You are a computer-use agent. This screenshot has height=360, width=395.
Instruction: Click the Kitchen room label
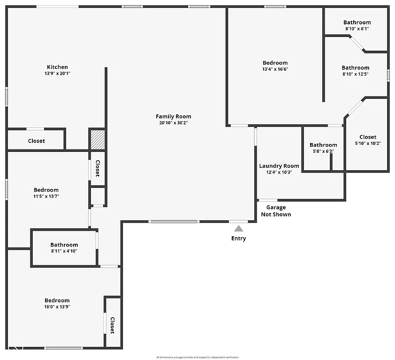(x=57, y=67)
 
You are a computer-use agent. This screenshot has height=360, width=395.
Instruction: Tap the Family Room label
(x=174, y=117)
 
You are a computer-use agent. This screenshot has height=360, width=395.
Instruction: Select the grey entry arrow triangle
(x=239, y=228)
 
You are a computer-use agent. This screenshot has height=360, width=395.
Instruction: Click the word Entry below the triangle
(x=238, y=239)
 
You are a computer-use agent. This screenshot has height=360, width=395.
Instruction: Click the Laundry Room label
(x=279, y=166)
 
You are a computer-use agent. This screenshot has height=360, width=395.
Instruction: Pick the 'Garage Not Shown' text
(x=276, y=211)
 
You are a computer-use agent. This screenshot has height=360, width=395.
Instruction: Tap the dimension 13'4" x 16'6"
(x=275, y=69)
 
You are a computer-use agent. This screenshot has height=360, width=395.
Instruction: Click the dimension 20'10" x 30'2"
(x=174, y=123)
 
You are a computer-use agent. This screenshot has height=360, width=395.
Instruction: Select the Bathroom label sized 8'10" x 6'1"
(x=357, y=22)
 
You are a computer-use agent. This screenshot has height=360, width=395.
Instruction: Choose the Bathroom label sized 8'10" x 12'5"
(x=356, y=68)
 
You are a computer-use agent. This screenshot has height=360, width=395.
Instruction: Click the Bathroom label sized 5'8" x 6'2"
(x=323, y=145)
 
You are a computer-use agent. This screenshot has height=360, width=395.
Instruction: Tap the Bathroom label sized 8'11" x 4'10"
(x=64, y=245)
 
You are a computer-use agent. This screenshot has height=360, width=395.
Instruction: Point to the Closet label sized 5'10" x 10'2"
(x=368, y=137)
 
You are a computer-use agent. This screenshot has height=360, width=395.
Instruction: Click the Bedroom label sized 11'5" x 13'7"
(x=46, y=190)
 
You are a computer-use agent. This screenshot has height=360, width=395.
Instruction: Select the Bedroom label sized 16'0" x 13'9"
(x=57, y=300)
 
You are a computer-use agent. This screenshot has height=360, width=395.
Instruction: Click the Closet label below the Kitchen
(x=37, y=141)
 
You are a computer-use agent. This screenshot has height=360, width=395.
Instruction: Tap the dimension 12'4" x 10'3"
(x=279, y=172)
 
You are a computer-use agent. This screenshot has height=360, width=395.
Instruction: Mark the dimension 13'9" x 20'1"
(x=57, y=74)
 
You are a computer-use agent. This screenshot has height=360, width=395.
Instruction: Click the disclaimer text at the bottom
(x=197, y=357)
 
